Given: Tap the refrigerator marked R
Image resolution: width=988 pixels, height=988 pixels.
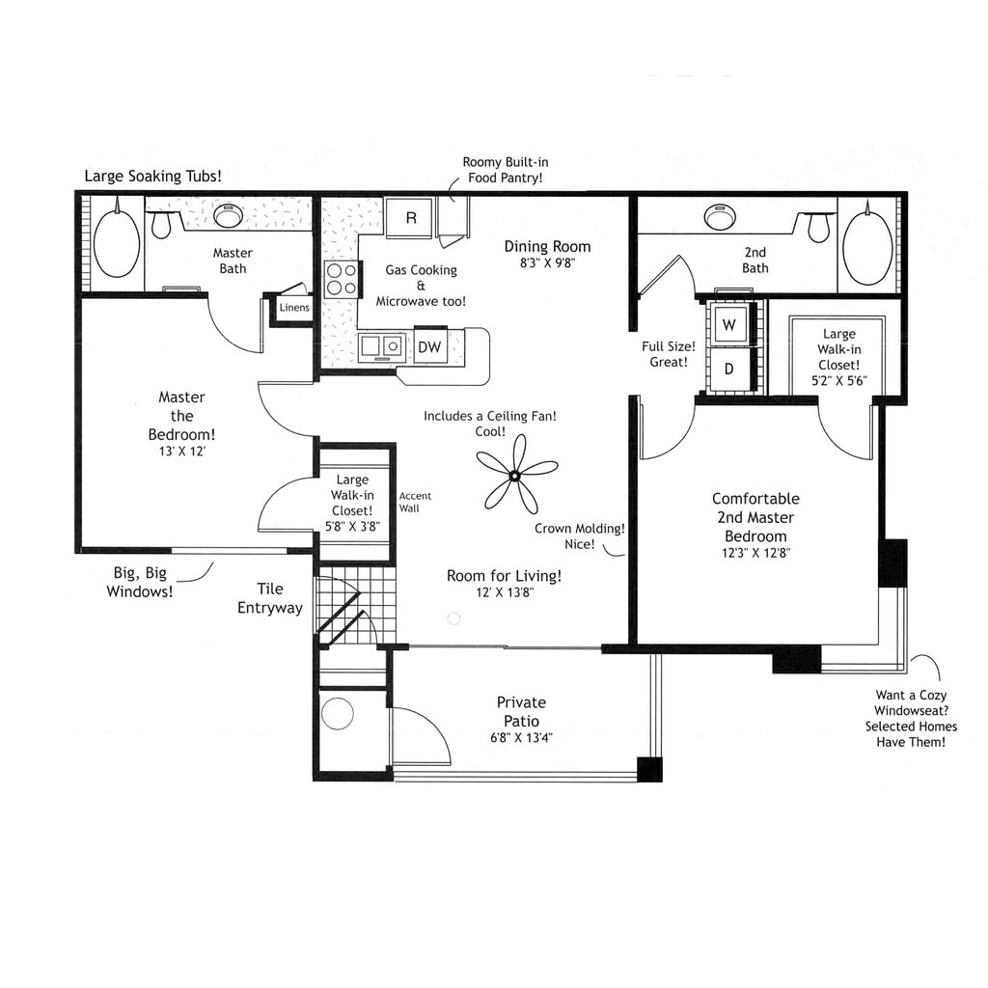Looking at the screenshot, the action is tap(409, 218).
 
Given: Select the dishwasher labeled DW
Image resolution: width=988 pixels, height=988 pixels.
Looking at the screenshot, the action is tap(430, 346).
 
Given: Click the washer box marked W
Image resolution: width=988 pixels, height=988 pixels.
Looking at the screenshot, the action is tap(728, 325).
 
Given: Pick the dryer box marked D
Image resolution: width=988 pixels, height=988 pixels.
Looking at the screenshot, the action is tap(728, 369).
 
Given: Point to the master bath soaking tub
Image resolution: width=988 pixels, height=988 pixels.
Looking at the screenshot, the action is tap(116, 244).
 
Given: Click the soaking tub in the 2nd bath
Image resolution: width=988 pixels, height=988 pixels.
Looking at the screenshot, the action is tap(866, 248).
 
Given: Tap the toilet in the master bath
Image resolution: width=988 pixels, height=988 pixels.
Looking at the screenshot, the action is tap(161, 225).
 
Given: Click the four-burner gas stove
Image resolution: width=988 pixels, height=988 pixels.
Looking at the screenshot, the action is tap(341, 279).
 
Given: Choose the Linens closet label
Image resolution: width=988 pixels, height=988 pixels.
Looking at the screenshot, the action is tap(294, 308).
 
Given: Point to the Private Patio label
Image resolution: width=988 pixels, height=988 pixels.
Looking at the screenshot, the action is tap(521, 712).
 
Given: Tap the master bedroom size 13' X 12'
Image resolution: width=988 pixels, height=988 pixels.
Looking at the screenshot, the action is tap(181, 451).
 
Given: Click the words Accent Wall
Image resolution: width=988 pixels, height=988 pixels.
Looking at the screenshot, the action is tap(415, 502).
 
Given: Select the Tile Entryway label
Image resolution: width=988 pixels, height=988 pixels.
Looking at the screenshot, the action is tap(270, 598).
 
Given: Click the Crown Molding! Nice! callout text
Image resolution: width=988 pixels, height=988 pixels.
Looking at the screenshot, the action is tap(580, 536).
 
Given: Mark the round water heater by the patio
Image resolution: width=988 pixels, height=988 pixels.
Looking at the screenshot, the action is tap(338, 714).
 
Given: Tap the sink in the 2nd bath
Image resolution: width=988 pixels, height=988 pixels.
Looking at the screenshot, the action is tap(719, 216).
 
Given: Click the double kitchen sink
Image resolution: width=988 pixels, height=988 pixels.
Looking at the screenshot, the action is tap(382, 345).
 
